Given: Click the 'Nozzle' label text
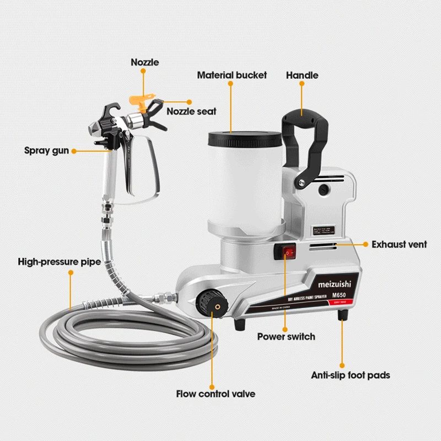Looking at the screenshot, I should point(144,62).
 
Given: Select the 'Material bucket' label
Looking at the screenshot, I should point(232,75).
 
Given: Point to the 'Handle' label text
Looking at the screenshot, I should point(302,75).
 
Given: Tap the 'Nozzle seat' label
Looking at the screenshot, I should point(192,111).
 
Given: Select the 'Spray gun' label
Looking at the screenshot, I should point(46,150).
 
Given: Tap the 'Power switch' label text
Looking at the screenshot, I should point(286,336).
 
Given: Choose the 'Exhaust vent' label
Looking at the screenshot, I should point(399,244).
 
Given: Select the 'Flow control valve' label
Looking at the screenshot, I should point(216,394).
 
